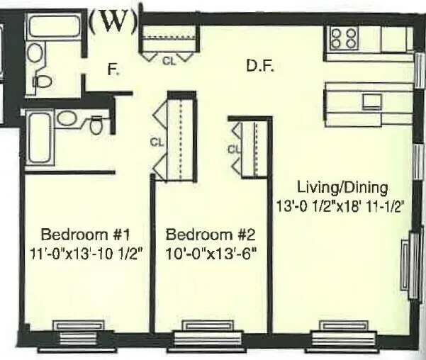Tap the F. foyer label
[x=112, y=69]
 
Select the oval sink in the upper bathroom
[x=34, y=52]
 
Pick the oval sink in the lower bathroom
[x=68, y=118]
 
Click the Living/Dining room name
[x=342, y=188]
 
